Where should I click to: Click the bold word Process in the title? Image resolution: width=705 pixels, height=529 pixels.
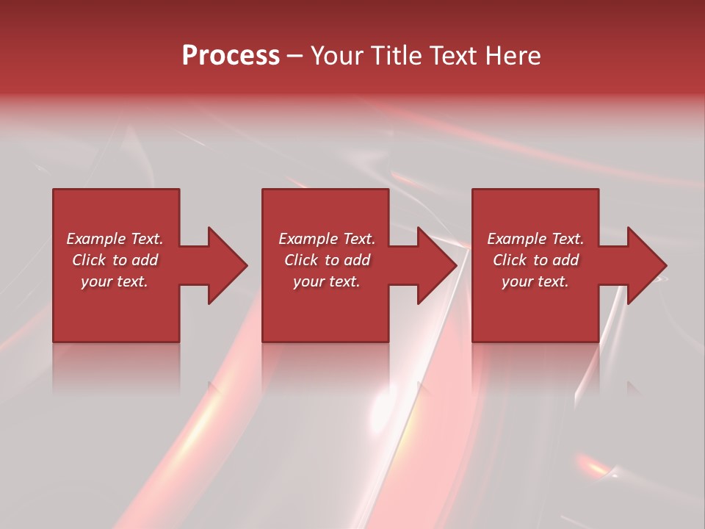[x=231, y=56]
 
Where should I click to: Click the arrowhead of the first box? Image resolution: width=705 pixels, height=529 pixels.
[x=225, y=265]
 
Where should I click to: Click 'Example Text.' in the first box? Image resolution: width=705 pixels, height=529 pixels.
[x=115, y=239]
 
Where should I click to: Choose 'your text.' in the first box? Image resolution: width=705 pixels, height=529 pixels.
[x=115, y=281]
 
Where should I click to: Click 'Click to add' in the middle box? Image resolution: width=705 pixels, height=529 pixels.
[x=327, y=260]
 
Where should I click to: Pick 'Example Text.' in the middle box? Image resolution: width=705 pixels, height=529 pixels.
[x=327, y=239]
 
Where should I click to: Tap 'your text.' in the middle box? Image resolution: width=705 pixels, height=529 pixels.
[x=327, y=281]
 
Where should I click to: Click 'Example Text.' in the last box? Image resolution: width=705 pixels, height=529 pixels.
[x=535, y=239]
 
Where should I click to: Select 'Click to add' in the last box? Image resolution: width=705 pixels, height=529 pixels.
[x=535, y=260]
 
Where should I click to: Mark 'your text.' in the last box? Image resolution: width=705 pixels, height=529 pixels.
[x=535, y=281]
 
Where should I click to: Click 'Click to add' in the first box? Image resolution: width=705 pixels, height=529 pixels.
[x=115, y=260]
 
